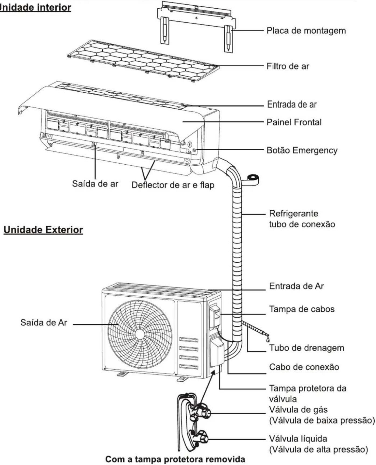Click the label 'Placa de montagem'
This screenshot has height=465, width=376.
[x=306, y=30]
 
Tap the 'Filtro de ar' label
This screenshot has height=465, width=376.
[x=288, y=66]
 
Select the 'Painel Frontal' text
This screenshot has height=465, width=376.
[x=294, y=122]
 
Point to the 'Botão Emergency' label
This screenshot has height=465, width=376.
[x=302, y=150]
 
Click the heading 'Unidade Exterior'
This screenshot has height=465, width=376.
[x=43, y=230]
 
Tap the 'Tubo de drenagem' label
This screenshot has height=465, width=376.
[x=307, y=348]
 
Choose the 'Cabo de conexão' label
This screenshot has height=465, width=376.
[x=304, y=367]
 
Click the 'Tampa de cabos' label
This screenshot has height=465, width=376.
[x=302, y=309]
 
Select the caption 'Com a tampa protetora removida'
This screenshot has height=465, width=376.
[x=175, y=459]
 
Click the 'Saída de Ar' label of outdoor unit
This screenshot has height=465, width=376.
[x=44, y=322]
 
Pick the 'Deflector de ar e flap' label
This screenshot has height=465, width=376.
[x=173, y=185]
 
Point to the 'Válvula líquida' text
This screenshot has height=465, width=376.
[x=298, y=439]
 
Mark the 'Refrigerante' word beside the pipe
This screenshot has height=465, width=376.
[x=294, y=213]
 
